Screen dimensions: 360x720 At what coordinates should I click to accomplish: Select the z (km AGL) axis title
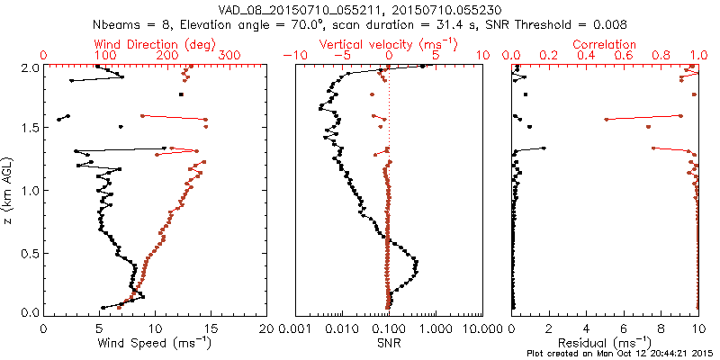(x=8, y=189)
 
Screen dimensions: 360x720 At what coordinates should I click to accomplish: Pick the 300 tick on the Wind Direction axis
(x=229, y=56)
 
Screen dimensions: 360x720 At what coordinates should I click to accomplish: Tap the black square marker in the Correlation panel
(x=526, y=94)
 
